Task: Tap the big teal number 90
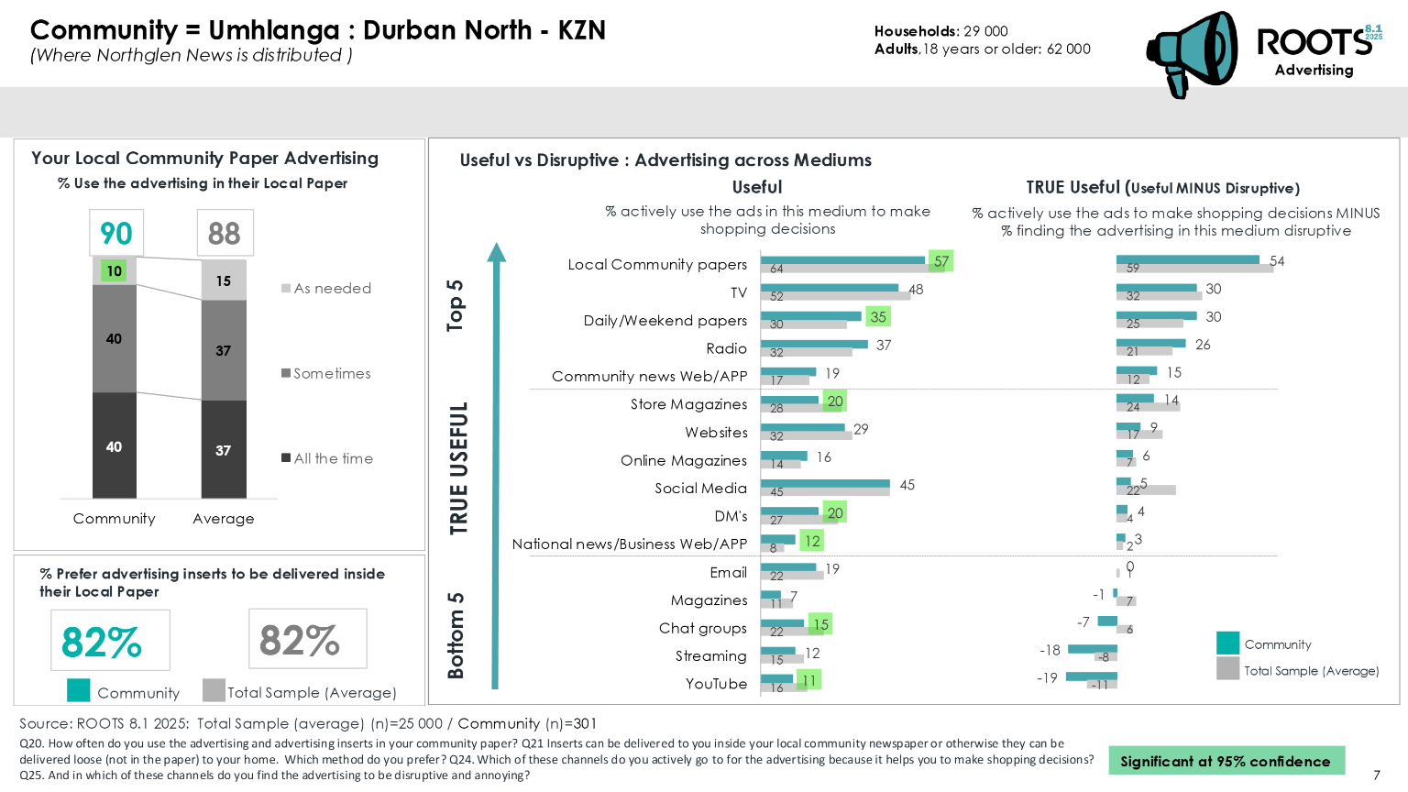click(x=116, y=234)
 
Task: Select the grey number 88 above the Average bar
click(x=225, y=234)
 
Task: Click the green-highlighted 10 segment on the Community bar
click(x=114, y=271)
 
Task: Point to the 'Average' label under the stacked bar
click(x=224, y=519)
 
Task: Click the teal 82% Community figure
click(x=102, y=642)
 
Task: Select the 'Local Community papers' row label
click(x=657, y=265)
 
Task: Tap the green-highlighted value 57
click(x=941, y=261)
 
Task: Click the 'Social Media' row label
click(x=700, y=489)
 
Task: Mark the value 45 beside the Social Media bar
click(x=907, y=485)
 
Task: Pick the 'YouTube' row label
click(x=716, y=684)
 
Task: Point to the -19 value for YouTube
click(x=1047, y=678)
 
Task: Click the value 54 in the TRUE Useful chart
click(x=1277, y=261)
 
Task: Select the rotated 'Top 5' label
click(x=456, y=305)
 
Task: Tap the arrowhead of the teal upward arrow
click(x=496, y=252)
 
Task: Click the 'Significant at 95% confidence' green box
click(x=1226, y=761)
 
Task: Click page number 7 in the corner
click(x=1377, y=775)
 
